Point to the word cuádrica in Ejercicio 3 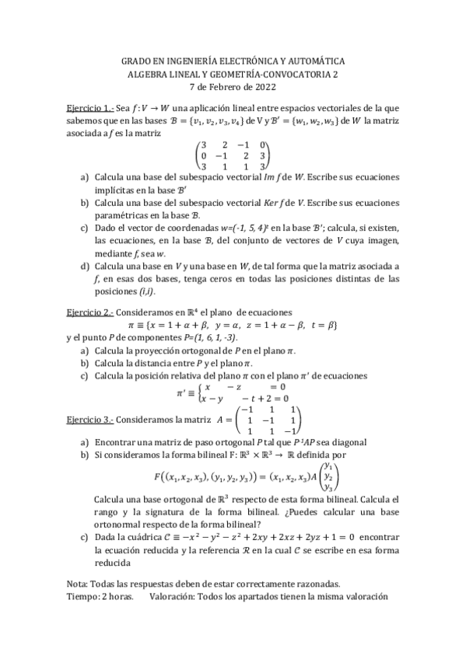160,535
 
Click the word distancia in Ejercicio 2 149,361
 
